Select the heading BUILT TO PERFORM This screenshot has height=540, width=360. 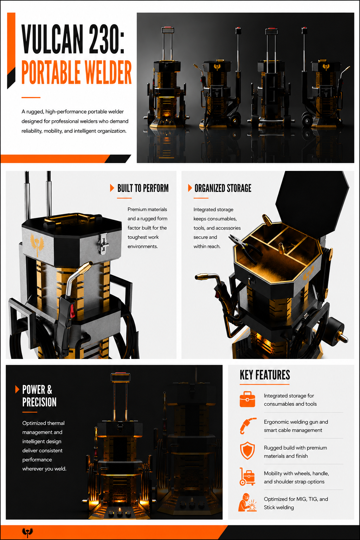coord(143,188)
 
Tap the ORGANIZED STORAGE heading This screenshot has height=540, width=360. coord(223,188)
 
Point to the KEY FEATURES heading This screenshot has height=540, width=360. coord(265,375)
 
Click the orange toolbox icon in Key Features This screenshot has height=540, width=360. coord(247,399)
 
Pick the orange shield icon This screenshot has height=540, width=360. coord(247,451)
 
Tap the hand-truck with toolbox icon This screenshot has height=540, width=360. coord(247,476)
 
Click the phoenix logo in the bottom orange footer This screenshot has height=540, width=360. coord(27,532)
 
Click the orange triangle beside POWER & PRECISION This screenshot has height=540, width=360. coord(17,389)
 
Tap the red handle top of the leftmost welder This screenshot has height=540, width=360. coord(168,27)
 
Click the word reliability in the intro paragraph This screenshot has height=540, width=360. coord(32,131)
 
